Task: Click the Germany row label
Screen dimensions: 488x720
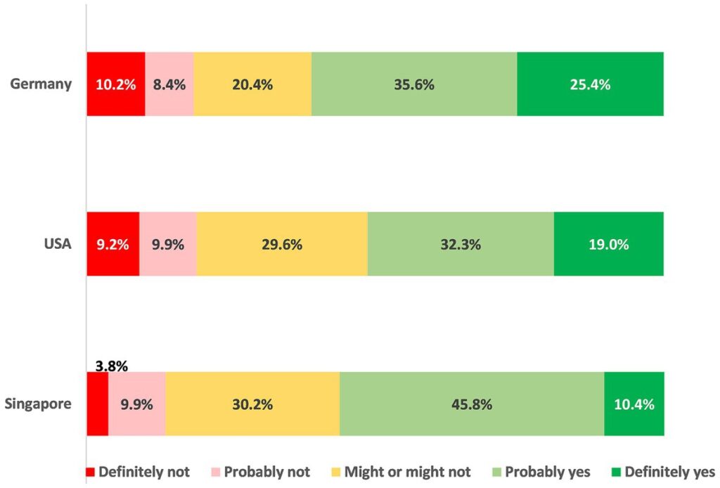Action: click(41, 84)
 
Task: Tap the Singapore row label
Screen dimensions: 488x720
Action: click(39, 404)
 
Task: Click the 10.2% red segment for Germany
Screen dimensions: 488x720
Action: click(115, 84)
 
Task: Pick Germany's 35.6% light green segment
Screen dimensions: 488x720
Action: click(414, 84)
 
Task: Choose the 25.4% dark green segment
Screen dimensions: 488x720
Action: click(590, 84)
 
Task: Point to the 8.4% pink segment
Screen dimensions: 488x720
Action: click(169, 84)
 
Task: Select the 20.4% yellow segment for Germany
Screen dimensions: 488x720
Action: click(252, 84)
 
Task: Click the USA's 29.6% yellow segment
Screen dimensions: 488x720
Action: click(282, 245)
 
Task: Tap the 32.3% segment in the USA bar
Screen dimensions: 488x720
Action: click(461, 245)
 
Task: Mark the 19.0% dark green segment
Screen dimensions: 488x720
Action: click(608, 245)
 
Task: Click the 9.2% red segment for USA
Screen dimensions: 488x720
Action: click(112, 245)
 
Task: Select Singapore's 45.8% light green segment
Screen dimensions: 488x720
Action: click(472, 404)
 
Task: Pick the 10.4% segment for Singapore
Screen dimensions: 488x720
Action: click(634, 404)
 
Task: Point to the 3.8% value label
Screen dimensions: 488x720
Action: click(110, 365)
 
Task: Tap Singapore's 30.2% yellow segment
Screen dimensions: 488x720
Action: click(252, 404)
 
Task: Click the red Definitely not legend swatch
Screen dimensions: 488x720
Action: click(90, 472)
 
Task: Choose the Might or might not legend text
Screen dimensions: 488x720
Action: click(407, 472)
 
